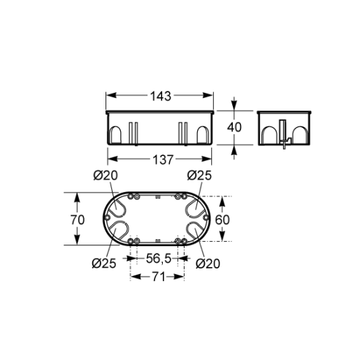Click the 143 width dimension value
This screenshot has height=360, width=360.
click(x=161, y=96)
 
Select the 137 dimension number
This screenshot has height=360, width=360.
click(x=163, y=160)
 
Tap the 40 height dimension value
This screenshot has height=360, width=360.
click(x=234, y=127)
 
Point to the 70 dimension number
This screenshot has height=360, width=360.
click(x=78, y=219)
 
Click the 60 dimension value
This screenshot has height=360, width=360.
click(x=222, y=219)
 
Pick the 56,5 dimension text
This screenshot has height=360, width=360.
click(x=159, y=259)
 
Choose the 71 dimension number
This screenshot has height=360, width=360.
click(x=159, y=277)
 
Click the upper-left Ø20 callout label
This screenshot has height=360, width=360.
click(x=106, y=175)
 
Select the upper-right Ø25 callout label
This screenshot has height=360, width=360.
click(x=199, y=175)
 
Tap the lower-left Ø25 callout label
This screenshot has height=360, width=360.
click(x=104, y=264)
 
